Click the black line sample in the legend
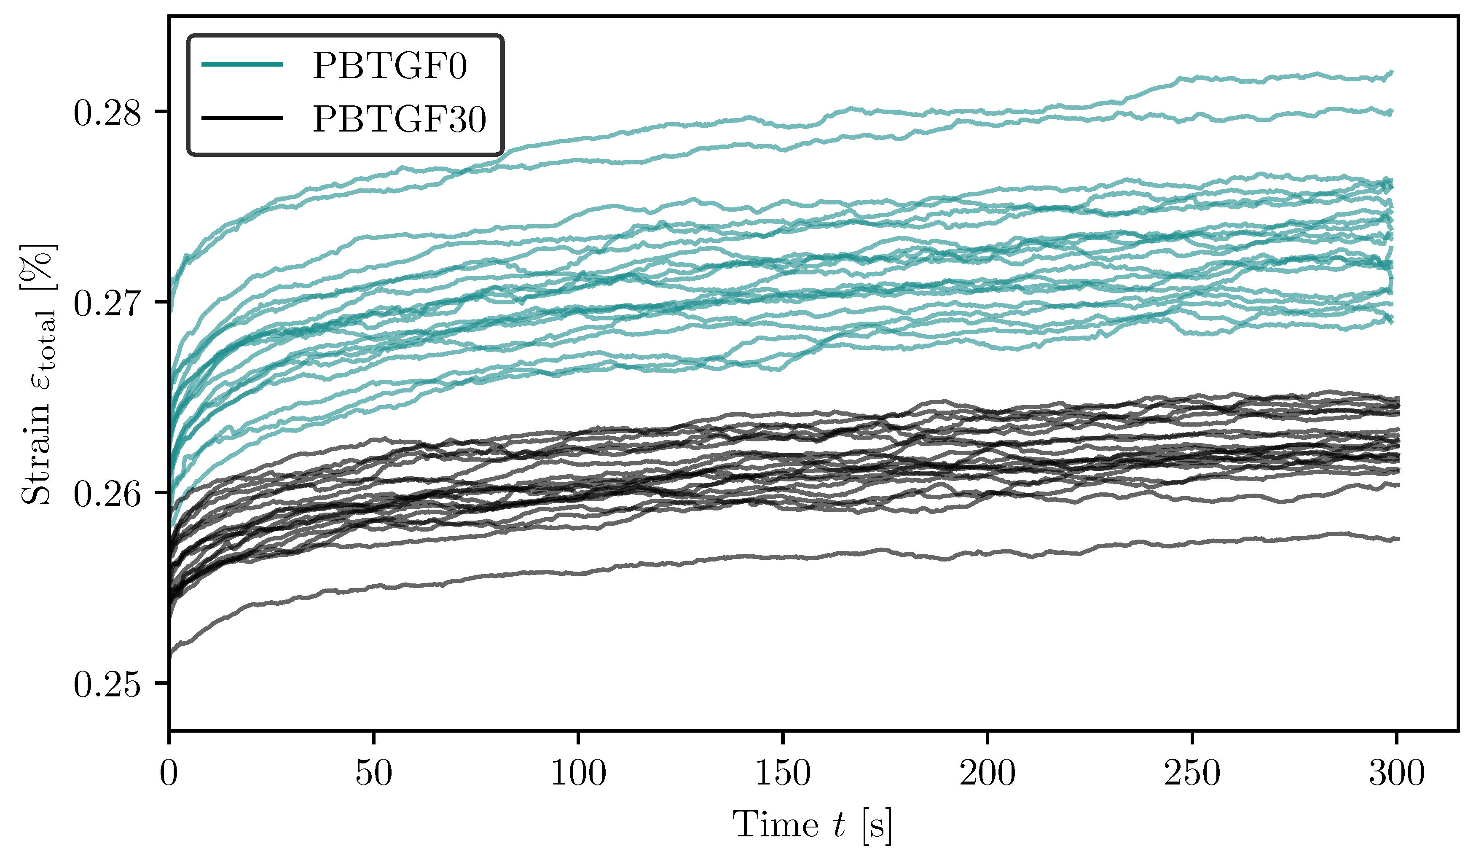pyautogui.click(x=242, y=118)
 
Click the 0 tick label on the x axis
pyautogui.click(x=169, y=774)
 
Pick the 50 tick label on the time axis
pyautogui.click(x=374, y=774)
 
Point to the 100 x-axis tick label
pyautogui.click(x=578, y=774)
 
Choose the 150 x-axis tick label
pyautogui.click(x=783, y=774)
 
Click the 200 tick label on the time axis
pyautogui.click(x=988, y=774)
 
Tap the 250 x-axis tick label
pyautogui.click(x=1192, y=774)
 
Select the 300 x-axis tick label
pyautogui.click(x=1397, y=774)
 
